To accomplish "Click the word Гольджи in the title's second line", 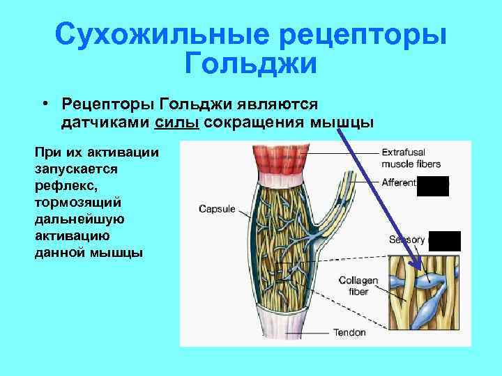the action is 251,65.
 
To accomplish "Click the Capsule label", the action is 217,208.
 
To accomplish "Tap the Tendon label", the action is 349,332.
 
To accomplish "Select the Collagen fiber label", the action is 358,286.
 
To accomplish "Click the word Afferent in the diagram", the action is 398,182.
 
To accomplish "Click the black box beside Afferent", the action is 432,186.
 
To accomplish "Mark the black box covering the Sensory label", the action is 444,240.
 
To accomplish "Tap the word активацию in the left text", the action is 70,236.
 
